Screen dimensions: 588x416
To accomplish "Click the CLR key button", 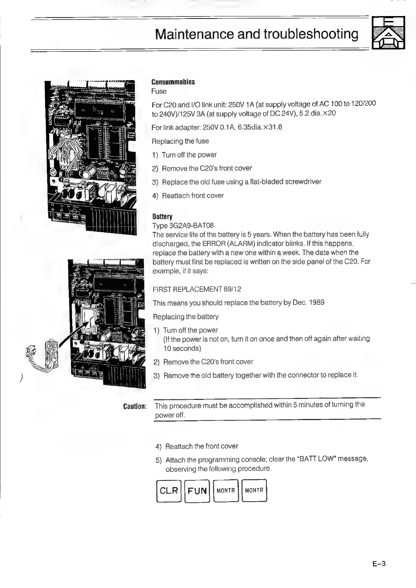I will [x=169, y=490].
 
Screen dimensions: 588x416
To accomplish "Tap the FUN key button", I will [x=197, y=491].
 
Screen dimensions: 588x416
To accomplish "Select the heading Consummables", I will [x=173, y=82].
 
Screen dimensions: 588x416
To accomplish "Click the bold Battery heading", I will [x=162, y=217].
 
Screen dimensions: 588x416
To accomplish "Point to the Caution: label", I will [x=135, y=407].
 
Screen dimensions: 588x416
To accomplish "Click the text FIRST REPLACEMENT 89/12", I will [x=197, y=289].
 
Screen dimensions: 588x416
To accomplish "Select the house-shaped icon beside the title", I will [x=388, y=33].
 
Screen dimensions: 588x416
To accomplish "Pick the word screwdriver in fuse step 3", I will [x=303, y=182].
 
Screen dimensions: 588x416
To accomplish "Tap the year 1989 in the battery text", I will [x=316, y=302].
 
